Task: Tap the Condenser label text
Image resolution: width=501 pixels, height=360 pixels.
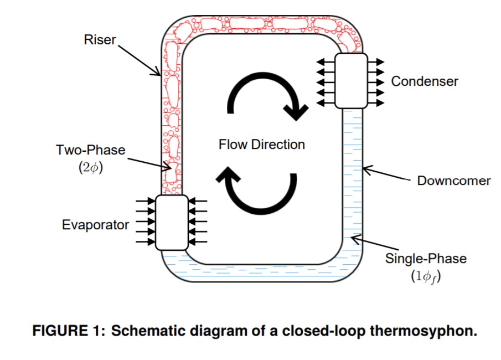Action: [425, 81]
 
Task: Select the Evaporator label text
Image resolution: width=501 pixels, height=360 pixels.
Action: [95, 225]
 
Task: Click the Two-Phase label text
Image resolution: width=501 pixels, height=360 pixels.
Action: [91, 150]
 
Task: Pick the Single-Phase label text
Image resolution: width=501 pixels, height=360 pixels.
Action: [426, 259]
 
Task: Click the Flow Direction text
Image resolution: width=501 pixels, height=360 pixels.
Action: [261, 145]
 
